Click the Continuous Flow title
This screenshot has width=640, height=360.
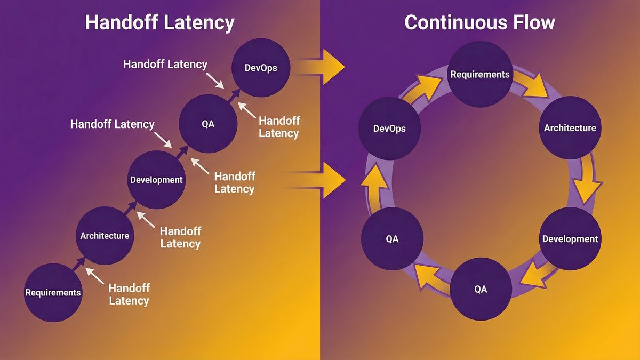(479, 23)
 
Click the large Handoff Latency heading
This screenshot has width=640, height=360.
(160, 23)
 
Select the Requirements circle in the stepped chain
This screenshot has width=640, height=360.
(53, 292)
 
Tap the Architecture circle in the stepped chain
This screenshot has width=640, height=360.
(105, 236)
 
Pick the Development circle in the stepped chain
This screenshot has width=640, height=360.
(156, 180)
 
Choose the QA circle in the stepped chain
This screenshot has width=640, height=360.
(208, 124)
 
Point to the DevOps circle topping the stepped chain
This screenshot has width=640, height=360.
(260, 68)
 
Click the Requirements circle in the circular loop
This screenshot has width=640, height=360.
(480, 74)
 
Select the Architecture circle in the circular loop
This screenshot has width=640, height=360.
(570, 128)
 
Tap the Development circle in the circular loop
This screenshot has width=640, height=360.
(570, 238)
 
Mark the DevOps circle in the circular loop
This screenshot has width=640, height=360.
(389, 128)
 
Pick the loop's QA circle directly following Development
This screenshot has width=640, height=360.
(481, 289)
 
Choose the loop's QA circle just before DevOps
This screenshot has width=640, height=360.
(392, 238)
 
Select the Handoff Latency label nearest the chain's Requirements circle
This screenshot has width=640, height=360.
(129, 294)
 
